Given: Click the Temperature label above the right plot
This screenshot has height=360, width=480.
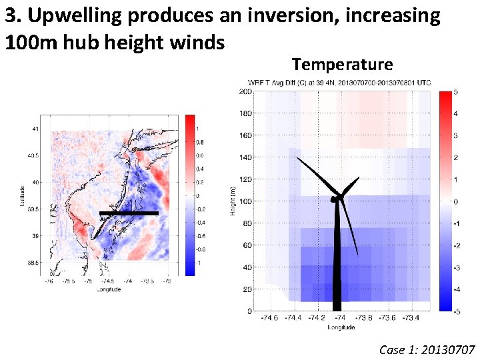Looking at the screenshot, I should pyautogui.click(x=342, y=64).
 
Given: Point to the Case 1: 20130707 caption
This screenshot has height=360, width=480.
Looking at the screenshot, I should pyautogui.click(x=427, y=349).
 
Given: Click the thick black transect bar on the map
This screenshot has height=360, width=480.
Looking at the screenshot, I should pyautogui.click(x=129, y=213).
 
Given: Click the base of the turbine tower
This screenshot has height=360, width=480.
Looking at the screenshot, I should pyautogui.click(x=337, y=307).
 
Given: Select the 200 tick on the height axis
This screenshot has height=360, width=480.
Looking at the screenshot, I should pyautogui.click(x=245, y=91).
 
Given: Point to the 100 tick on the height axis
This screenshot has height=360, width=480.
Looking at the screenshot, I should pyautogui.click(x=245, y=201).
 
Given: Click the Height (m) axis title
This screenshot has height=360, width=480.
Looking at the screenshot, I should pyautogui.click(x=233, y=201).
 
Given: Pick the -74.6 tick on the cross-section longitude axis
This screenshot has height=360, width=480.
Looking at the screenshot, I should pyautogui.click(x=269, y=319).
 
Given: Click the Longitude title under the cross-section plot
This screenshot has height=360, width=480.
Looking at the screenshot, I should pyautogui.click(x=342, y=327).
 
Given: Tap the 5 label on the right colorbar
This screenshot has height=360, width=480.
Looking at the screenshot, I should pyautogui.click(x=456, y=92).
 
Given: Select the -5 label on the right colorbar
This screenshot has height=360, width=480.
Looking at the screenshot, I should pyautogui.click(x=457, y=311).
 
